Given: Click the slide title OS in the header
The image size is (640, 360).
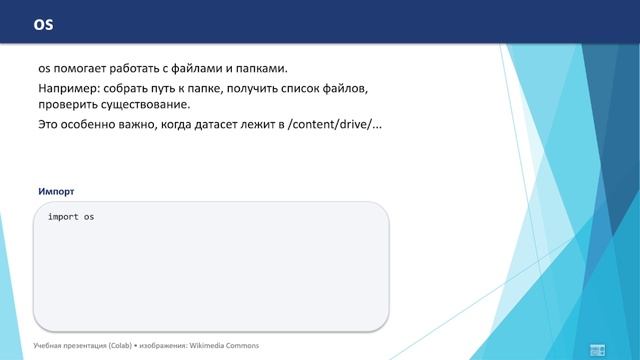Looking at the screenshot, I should pos(44,23).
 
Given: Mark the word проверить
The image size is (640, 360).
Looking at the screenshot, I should pos(70,105).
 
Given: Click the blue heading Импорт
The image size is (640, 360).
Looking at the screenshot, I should pos(56,190).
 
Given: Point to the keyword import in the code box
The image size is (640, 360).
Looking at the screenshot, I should pos(63,217).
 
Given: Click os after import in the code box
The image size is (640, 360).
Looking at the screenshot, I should pos(89,217).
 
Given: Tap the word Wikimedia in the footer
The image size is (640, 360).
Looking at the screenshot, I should pos(206,346).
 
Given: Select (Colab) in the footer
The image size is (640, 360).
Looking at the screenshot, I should pos(117,346).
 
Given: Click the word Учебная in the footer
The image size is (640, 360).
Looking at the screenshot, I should pos(47,346).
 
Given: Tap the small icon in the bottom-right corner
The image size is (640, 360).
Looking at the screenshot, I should pos(598,348).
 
